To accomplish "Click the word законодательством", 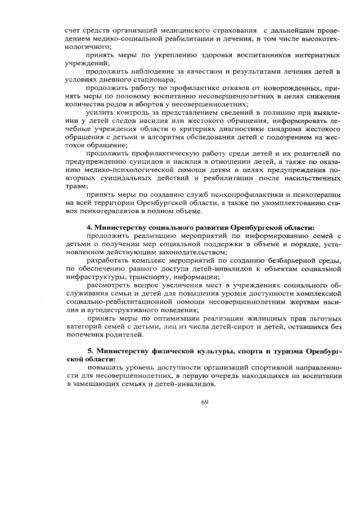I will pyautogui.click(x=185, y=251).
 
